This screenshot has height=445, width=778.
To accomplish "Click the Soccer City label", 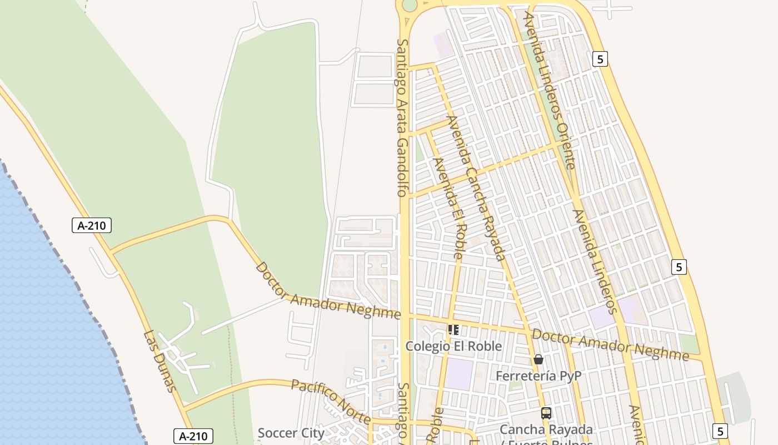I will (291, 432).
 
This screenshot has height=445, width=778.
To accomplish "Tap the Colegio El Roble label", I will (453, 346).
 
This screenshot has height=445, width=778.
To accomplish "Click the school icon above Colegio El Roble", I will (453, 330).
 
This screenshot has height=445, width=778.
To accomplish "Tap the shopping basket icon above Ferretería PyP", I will (538, 359).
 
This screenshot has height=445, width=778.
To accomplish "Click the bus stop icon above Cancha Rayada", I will (546, 413).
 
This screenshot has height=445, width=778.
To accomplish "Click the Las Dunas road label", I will (159, 361).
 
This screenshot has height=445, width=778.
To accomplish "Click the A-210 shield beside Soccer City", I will (193, 436).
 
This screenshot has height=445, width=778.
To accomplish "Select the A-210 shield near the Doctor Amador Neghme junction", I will (92, 225).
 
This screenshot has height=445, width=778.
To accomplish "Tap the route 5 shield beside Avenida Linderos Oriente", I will (600, 58).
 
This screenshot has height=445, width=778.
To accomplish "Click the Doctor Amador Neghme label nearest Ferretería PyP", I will (610, 344).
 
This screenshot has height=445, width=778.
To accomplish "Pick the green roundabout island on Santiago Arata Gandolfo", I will (409, 5).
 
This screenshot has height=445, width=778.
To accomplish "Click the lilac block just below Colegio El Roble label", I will (460, 374).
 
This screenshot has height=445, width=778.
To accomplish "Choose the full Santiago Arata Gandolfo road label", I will (402, 117).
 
